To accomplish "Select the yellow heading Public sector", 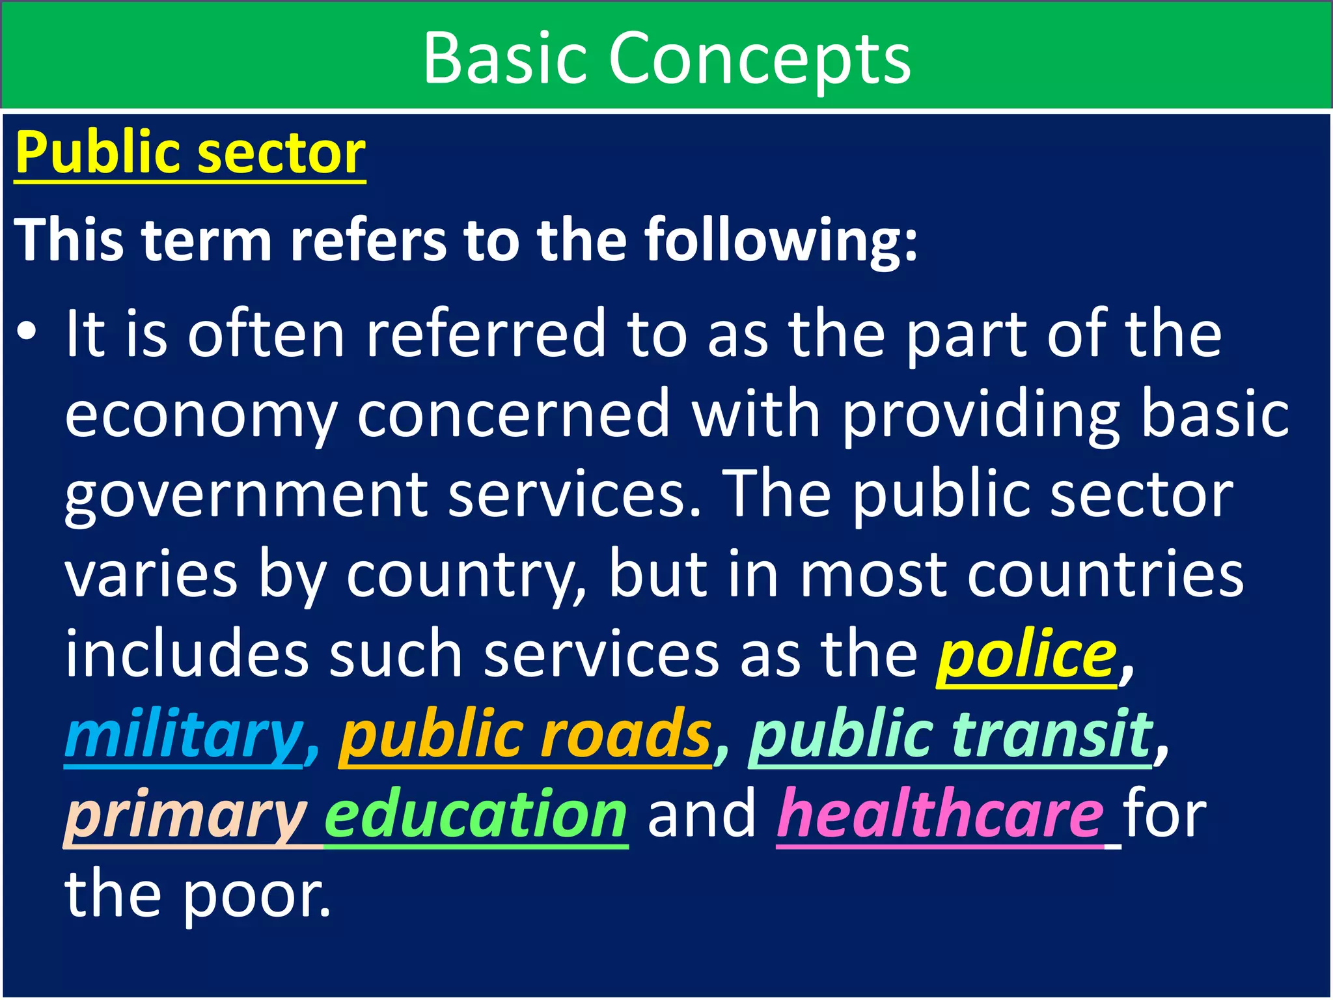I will coord(190,153).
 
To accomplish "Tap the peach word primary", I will coord(185,816).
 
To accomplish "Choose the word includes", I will coord(187,655).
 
